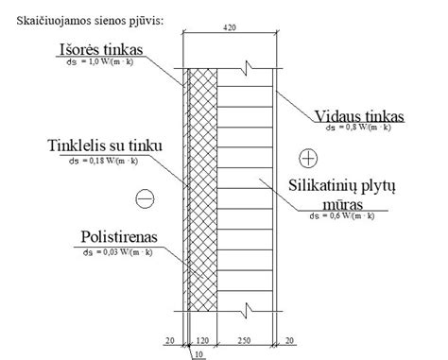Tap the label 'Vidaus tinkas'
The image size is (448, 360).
(360, 115)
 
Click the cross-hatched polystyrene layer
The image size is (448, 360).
(203, 189)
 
